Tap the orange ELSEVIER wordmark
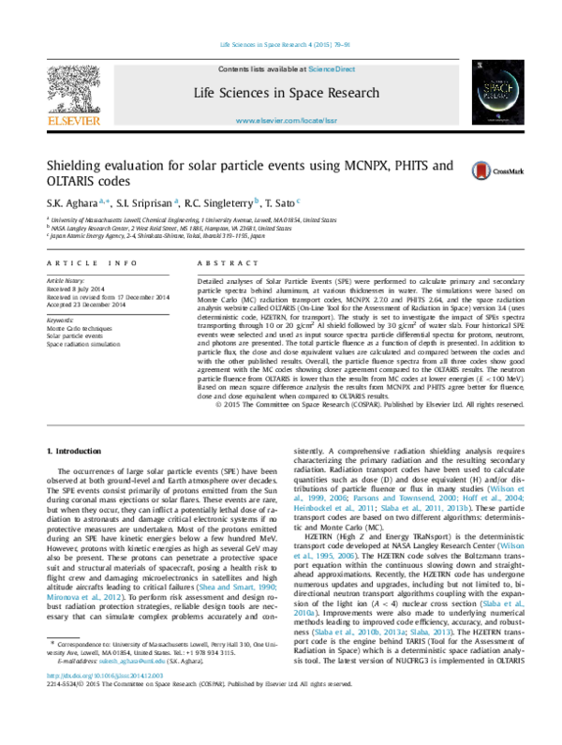pos(73,120)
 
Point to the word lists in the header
pos(259,69)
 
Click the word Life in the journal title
pos(205,94)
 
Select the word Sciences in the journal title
pos(247,94)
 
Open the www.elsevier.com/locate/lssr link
pos(286,121)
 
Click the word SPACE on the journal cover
pos(497,85)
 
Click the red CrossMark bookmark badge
pos(481,171)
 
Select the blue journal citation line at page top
pos(285,45)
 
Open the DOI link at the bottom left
pos(105,675)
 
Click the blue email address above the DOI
pos(131,660)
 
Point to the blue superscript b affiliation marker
pos(256,200)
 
